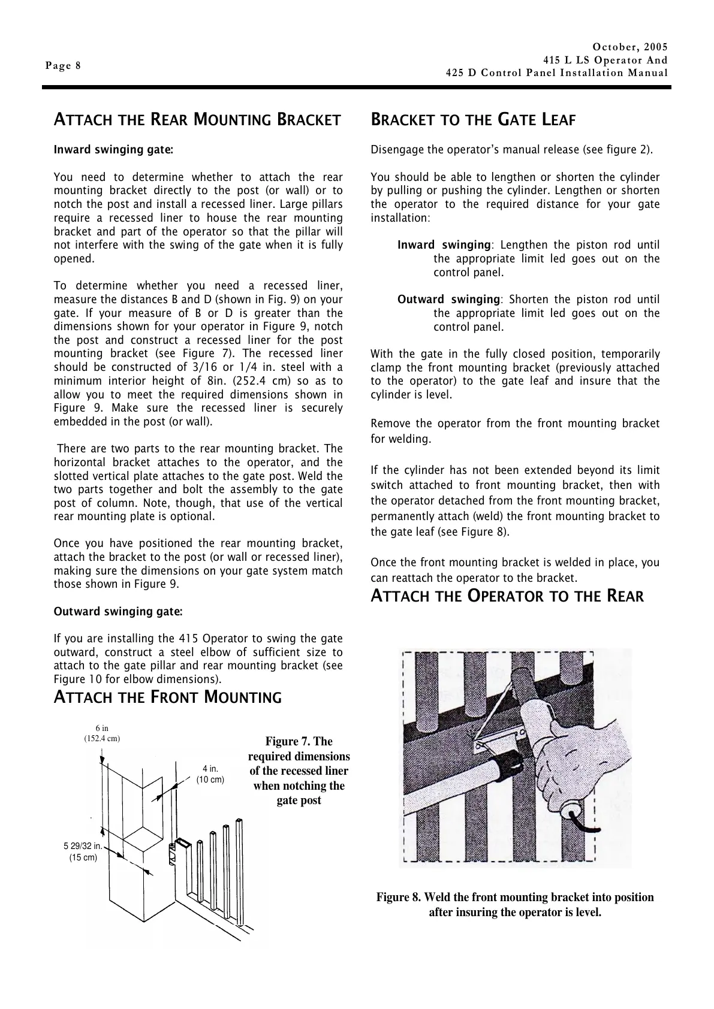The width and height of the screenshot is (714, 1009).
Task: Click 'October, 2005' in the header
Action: [x=629, y=47]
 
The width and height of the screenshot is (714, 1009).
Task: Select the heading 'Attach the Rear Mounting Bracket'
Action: [x=197, y=120]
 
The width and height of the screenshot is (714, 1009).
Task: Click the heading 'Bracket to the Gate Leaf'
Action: [x=473, y=120]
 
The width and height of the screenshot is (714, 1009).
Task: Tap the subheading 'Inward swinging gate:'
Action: [x=113, y=150]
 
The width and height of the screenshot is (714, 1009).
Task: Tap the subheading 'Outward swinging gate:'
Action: [x=118, y=612]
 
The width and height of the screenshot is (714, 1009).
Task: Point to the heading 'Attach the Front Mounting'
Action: [x=167, y=697]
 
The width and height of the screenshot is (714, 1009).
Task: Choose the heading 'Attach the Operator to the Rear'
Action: [x=507, y=596]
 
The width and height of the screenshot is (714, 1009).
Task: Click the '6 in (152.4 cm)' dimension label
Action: [x=102, y=733]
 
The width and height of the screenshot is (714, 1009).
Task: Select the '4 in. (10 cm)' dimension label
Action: [x=210, y=774]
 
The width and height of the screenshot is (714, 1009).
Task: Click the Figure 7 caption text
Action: [x=299, y=771]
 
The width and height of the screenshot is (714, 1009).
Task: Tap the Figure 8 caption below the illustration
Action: [x=514, y=905]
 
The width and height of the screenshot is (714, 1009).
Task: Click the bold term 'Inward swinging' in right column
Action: [x=444, y=245]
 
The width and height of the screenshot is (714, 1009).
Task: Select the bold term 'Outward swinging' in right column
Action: [x=448, y=300]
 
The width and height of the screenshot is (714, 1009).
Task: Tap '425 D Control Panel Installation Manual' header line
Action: [x=556, y=73]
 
